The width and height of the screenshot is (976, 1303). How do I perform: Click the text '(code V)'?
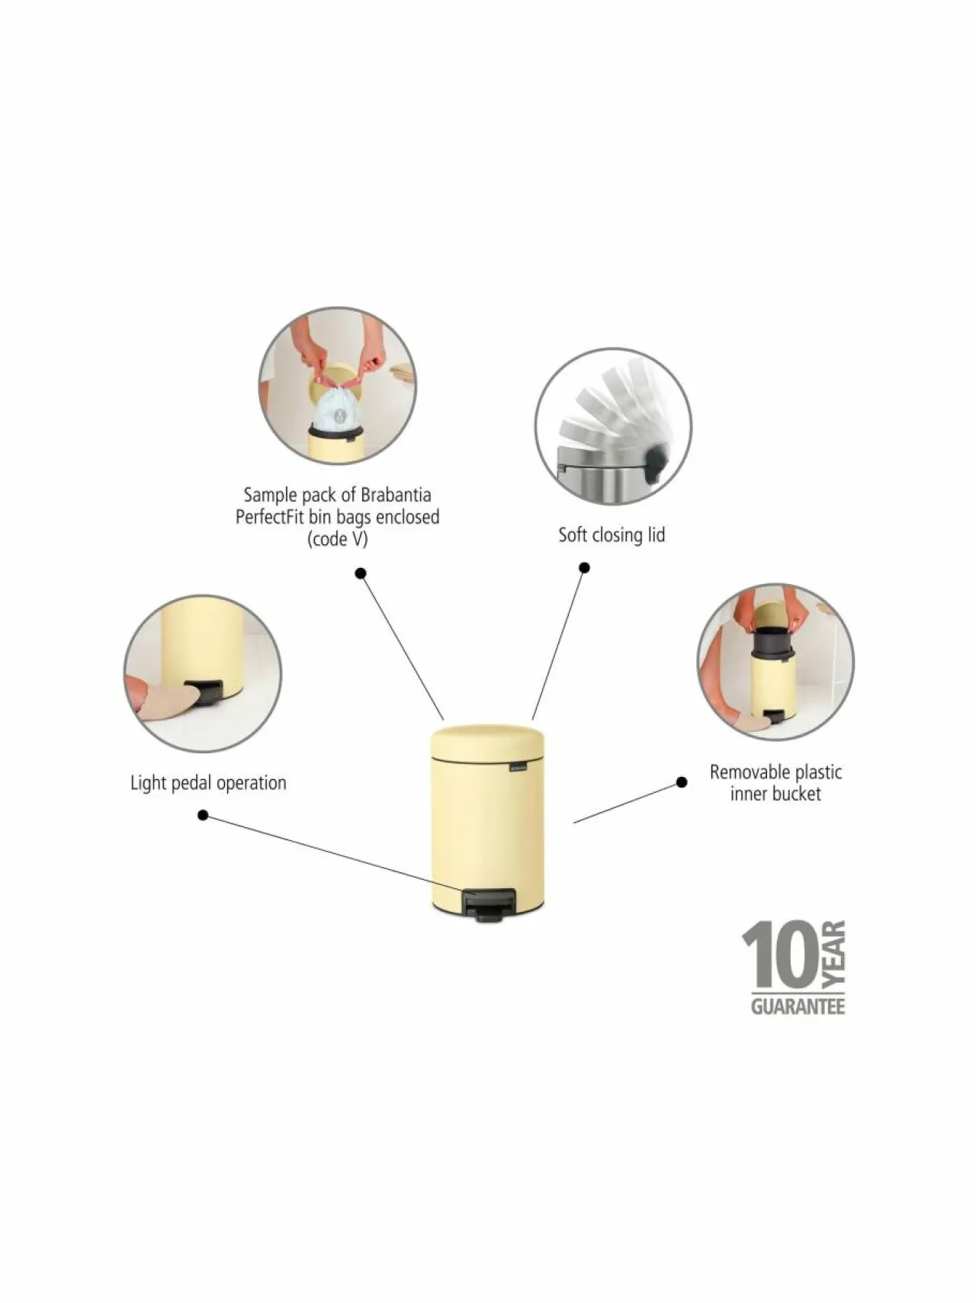(337, 539)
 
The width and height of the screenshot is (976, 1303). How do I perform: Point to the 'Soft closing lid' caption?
(612, 534)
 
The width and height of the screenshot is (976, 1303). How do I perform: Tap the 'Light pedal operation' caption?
(208, 783)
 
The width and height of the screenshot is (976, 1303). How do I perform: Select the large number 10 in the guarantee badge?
(782, 955)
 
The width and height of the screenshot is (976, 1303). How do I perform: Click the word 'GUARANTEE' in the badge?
(798, 1006)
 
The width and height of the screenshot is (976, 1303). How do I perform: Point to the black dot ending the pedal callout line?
(203, 815)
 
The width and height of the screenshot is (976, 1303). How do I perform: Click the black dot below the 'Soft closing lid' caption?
(584, 567)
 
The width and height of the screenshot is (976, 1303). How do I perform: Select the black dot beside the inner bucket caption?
(682, 782)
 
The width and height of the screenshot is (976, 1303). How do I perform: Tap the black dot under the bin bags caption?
(361, 573)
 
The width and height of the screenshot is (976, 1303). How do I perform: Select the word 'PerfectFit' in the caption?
(271, 517)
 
